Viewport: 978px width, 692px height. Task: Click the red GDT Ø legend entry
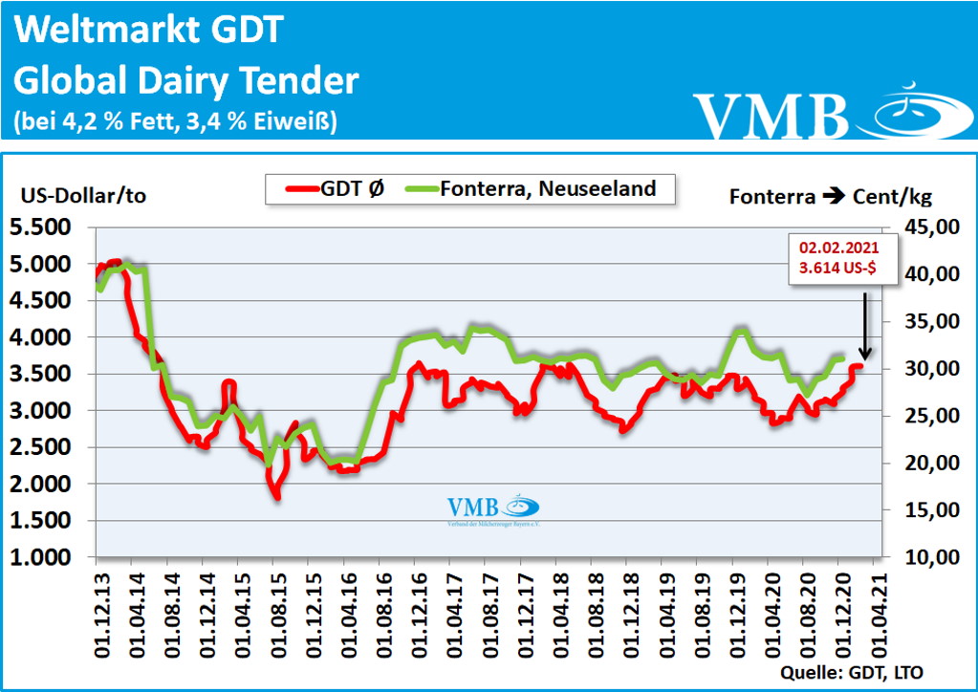335,188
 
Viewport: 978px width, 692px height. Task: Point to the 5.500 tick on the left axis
48,227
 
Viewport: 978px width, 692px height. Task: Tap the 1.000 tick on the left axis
48,557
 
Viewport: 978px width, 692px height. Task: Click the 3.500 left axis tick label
48,374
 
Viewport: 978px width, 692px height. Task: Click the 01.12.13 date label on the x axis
98,609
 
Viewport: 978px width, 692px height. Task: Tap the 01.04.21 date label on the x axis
873,609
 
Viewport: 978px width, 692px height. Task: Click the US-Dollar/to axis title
83,196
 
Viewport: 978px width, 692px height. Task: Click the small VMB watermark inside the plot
492,509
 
